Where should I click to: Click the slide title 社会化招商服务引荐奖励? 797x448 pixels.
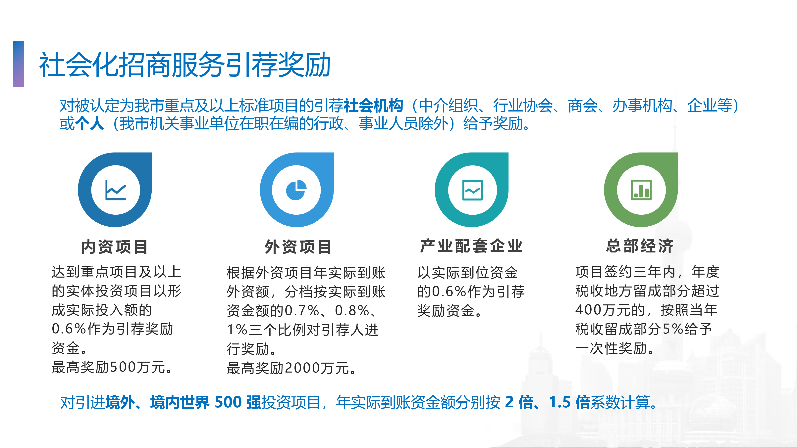pos(185,65)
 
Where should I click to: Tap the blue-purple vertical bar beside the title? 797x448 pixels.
pos(19,64)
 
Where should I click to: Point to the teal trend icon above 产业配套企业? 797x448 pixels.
pos(472,190)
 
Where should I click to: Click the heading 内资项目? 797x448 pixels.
pos(115,247)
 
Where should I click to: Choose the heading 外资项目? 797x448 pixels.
pos(298,247)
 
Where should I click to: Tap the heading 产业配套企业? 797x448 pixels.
pos(471,246)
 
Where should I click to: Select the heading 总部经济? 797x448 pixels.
pos(640,246)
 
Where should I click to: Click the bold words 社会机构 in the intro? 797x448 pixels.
pos(373,106)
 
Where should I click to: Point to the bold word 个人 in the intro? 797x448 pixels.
pos(90,124)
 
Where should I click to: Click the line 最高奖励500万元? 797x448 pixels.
pos(112,367)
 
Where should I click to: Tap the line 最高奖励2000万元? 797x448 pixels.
pos(292,368)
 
